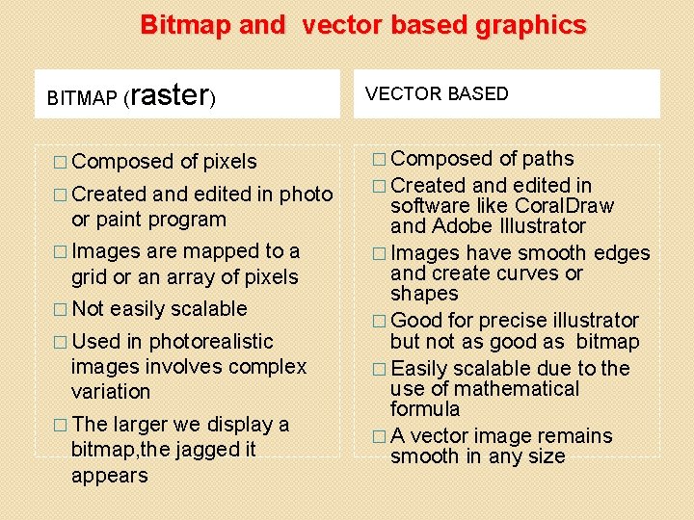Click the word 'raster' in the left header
point(168,94)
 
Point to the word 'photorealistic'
point(211,341)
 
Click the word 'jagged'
point(211,450)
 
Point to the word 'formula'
point(425,409)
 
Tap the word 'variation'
point(111,392)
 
